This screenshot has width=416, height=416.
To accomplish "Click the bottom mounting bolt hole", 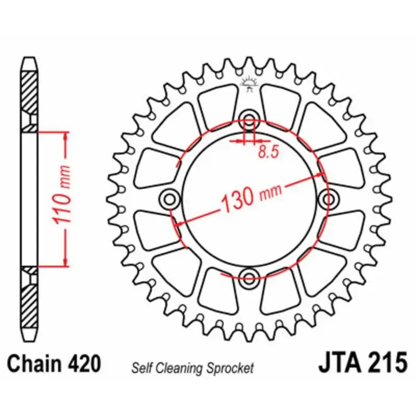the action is (x=249, y=278).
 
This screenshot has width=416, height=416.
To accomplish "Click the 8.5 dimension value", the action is (x=268, y=152).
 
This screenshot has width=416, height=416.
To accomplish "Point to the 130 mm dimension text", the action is (x=251, y=196).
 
